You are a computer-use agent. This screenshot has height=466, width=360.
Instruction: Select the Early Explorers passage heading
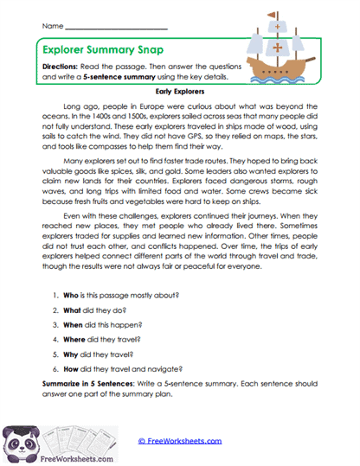(x=179, y=89)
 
